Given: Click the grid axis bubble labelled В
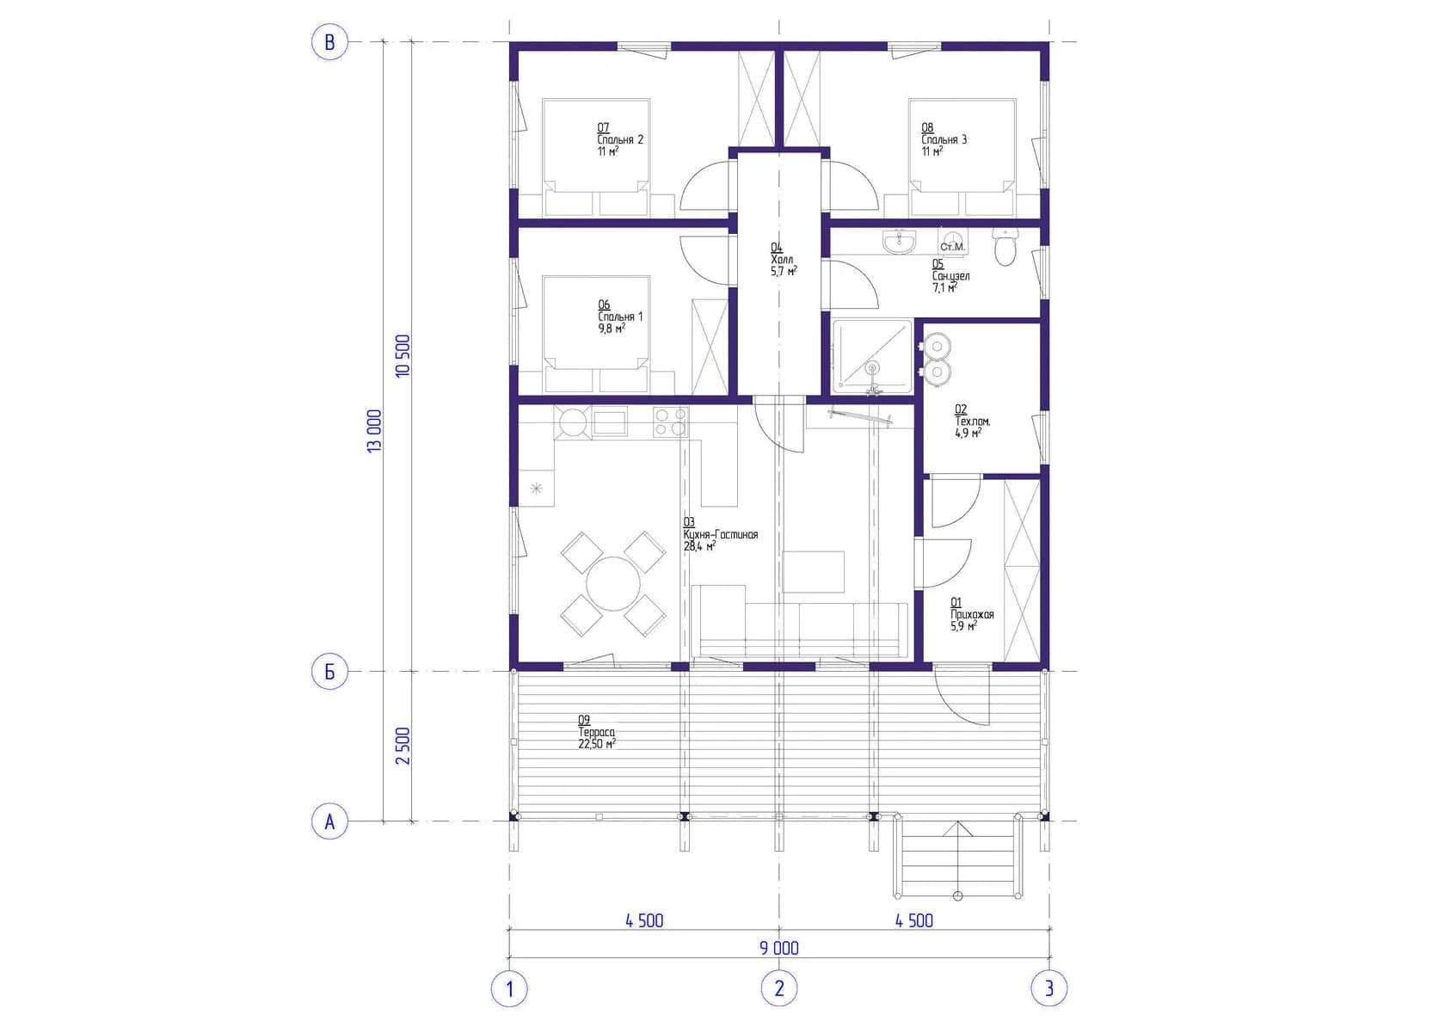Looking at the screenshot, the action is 329,42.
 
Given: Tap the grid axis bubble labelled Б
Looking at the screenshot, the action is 329,672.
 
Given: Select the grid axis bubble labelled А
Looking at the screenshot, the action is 329,821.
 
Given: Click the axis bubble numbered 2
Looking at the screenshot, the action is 779,988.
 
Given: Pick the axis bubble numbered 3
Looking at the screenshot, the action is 1049,988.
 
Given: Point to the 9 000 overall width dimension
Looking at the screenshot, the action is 779,948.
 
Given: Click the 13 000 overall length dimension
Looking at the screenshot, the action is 375,431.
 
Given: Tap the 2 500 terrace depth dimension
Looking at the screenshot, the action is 403,747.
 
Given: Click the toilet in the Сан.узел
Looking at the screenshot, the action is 1005,246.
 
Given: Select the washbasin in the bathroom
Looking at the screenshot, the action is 900,241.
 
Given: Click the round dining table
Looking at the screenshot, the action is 612,584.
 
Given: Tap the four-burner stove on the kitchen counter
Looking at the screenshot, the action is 670,421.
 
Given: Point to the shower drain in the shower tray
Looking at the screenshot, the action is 873,368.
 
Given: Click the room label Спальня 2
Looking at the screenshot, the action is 620,139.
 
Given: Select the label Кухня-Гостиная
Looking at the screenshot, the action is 721,535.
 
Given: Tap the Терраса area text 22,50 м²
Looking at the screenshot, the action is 597,744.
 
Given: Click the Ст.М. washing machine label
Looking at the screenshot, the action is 952,247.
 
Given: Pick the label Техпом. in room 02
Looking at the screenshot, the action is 973,421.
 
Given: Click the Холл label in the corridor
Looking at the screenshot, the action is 782,259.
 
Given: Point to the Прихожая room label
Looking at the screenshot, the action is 972,615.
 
